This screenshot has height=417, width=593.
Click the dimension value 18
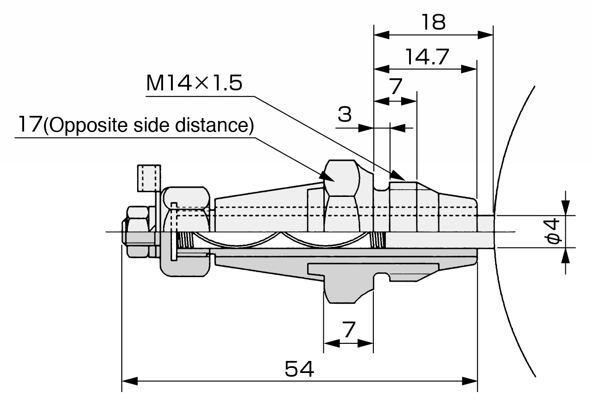click(433, 22)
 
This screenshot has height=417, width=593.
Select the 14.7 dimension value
click(427, 57)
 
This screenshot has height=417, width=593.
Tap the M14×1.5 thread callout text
click(194, 83)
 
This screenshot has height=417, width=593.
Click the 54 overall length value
click(299, 369)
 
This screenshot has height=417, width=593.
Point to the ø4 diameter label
click(554, 232)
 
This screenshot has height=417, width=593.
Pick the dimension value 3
click(344, 114)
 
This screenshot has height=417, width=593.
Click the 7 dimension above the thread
click(395, 86)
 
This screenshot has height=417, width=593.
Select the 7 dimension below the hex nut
click(348, 330)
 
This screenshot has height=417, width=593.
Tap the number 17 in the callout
click(29, 125)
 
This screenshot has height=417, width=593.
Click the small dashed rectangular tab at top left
click(149, 178)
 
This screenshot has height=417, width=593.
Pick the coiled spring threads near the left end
click(186, 240)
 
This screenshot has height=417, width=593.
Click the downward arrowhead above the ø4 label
click(565, 208)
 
